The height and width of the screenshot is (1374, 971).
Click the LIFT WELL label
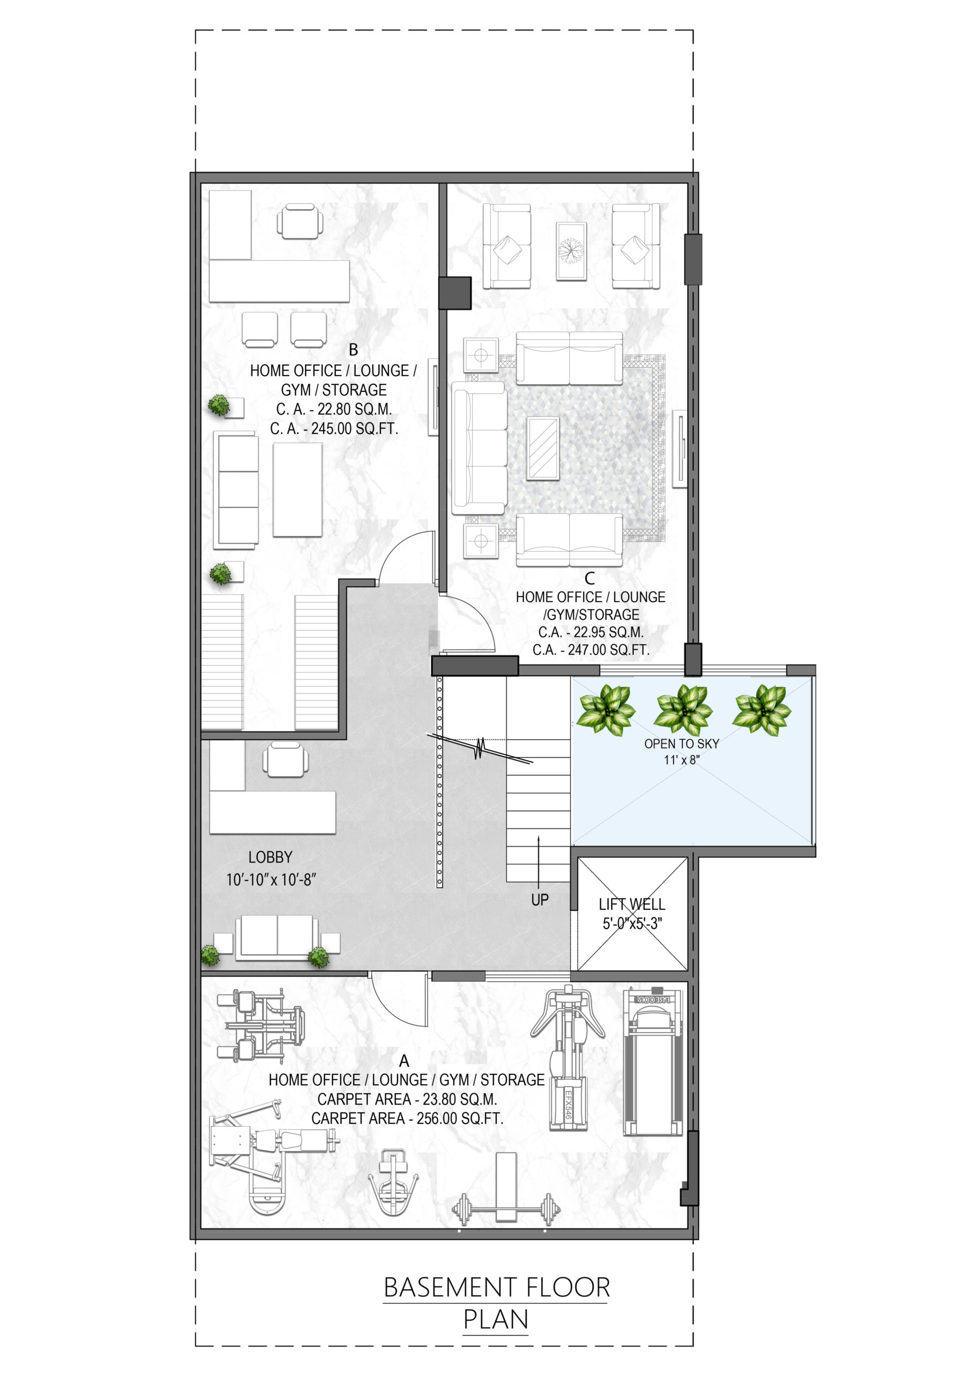(632, 904)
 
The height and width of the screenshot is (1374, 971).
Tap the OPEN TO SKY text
(681, 743)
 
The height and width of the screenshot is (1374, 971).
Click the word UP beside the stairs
(540, 900)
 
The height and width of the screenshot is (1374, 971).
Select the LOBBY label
(270, 857)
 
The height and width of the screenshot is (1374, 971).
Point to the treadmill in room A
(653, 1062)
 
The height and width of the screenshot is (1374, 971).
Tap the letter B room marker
(354, 349)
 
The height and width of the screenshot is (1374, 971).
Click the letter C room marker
(590, 578)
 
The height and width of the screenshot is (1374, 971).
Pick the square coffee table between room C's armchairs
(571, 251)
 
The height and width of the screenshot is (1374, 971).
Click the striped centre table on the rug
(543, 448)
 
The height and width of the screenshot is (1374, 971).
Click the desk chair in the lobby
(286, 759)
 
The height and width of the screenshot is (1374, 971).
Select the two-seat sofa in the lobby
(277, 938)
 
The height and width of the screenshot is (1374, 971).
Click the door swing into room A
(398, 998)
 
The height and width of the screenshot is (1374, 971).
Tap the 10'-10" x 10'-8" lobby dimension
(271, 880)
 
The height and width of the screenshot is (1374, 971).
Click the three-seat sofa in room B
(237, 489)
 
